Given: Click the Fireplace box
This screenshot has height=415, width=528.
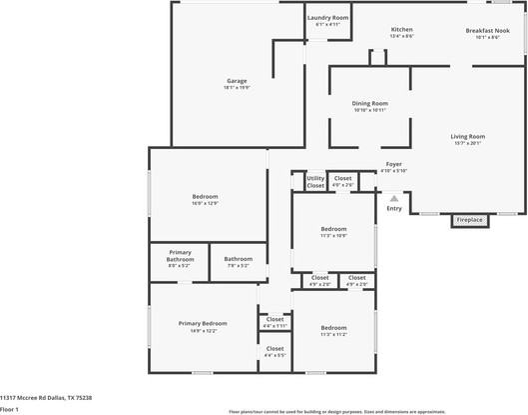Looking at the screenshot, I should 470,220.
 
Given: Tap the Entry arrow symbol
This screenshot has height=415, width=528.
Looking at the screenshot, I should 394,198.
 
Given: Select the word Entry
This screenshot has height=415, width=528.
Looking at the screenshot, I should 394,208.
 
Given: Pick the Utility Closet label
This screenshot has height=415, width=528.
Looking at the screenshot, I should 315,182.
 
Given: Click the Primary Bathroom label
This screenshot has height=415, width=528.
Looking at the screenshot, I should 180,255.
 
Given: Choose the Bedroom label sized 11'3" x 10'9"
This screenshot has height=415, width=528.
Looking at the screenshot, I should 333,232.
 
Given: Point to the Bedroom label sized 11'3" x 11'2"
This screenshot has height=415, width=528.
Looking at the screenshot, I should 333,331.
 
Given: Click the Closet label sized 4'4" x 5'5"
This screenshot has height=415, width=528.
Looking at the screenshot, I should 274,351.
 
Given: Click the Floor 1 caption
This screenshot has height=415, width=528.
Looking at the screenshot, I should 10,409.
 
